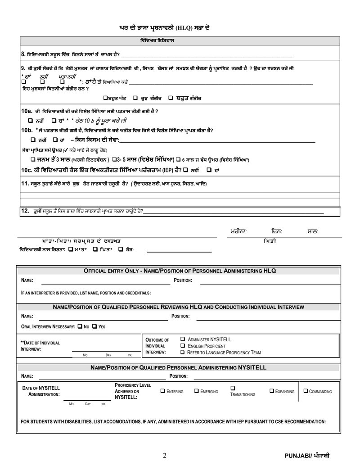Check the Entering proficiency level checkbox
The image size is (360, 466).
click(162, 391)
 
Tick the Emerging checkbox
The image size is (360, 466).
click(197, 391)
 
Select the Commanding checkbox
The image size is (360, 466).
click(306, 391)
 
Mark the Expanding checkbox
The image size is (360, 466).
click(272, 391)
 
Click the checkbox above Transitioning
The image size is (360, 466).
click(233, 388)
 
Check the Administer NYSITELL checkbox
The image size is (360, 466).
click(183, 339)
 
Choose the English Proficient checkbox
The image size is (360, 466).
click(183, 345)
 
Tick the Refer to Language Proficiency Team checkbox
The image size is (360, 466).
click(183, 352)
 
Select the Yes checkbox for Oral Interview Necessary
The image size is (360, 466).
click(94, 326)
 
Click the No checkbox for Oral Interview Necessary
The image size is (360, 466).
click(80, 326)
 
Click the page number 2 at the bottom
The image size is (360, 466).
click(164, 455)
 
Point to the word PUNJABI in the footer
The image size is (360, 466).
click(298, 456)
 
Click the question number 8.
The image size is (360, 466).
click(23, 54)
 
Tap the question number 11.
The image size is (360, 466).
click(25, 184)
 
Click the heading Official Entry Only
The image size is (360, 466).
click(111, 271)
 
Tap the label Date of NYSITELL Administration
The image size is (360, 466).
click(41, 390)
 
